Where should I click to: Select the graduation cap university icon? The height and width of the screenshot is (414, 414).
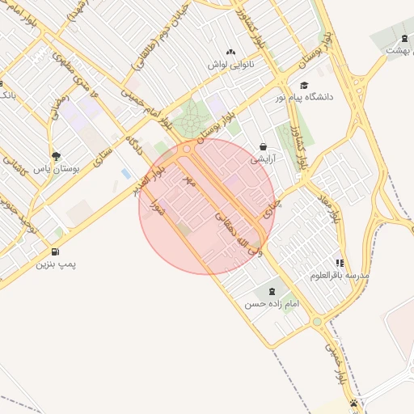pos(304,85)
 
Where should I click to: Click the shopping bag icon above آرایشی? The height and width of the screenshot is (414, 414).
pos(264,146)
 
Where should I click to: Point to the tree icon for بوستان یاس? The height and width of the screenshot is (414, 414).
pos(55,156)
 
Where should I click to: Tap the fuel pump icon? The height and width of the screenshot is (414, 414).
pos(55,251)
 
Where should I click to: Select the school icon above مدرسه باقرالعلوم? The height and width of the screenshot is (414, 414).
pos(340,263)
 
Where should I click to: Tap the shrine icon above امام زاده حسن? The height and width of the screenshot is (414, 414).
pos(271,291)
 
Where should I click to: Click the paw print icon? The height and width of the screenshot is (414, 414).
pos(354,402)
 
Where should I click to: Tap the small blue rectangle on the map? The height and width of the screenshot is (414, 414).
pos(125,173)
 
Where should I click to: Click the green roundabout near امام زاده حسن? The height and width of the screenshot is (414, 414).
pos(317,321)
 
